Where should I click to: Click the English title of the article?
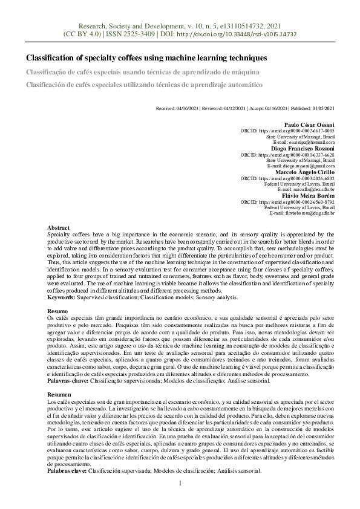click(146, 58)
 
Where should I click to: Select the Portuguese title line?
click(142, 72)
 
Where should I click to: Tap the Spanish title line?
click(144, 85)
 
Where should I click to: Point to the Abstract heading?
click(58, 227)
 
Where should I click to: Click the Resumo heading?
click(57, 309)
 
